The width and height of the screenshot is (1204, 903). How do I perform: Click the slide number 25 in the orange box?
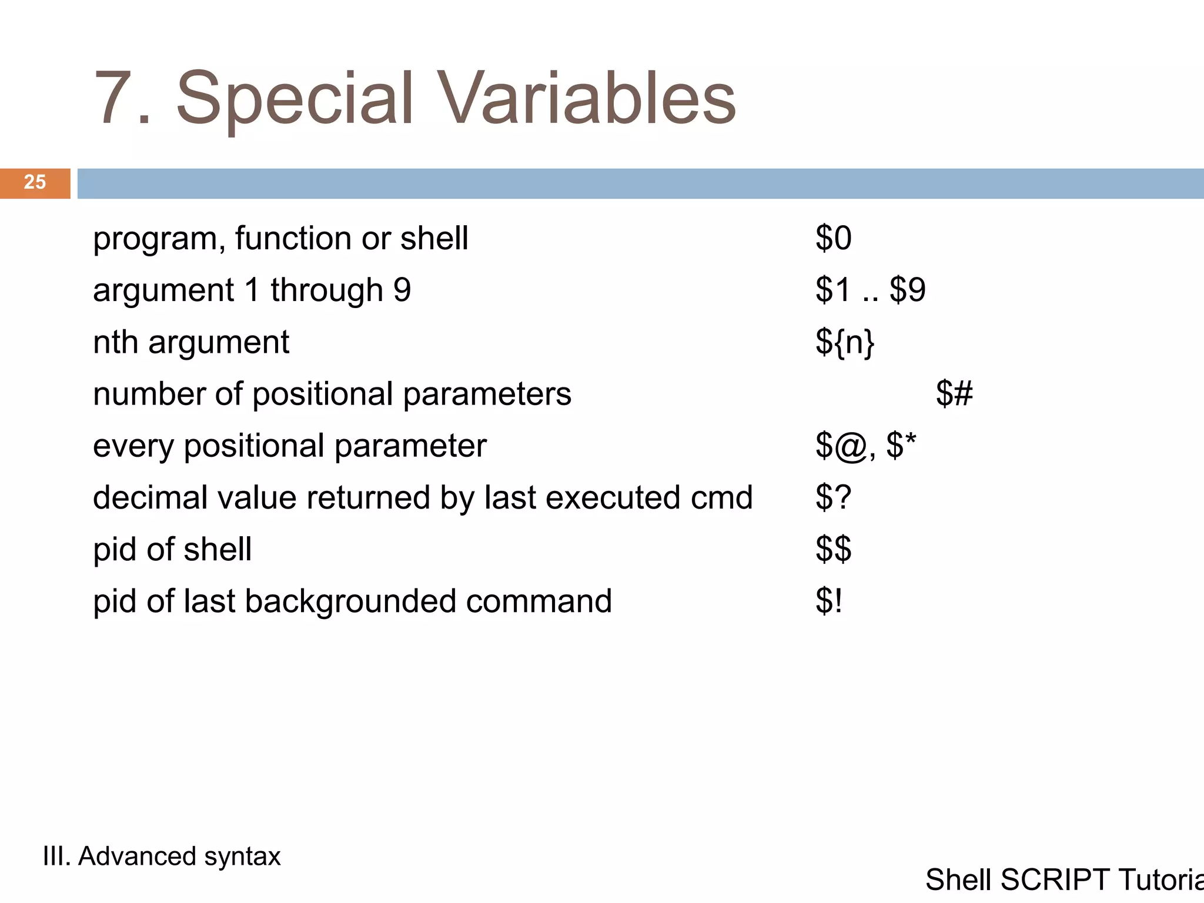coord(35,182)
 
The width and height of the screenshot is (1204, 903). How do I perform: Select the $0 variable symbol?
coord(833,239)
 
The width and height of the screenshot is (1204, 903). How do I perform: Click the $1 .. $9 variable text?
coord(870,290)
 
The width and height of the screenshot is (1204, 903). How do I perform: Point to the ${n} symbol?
coord(845,342)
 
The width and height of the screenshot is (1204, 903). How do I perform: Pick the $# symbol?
coord(954,394)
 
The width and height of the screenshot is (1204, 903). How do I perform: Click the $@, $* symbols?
coord(865,446)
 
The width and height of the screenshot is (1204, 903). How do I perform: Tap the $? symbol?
coord(833,497)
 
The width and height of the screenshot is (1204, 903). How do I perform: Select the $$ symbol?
coord(833,549)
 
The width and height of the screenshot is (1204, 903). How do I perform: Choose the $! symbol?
coord(829,601)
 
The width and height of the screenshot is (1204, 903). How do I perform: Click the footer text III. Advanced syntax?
coord(162,856)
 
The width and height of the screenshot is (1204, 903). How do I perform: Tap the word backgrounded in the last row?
coord(350,601)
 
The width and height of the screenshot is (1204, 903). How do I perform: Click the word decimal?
coord(150,498)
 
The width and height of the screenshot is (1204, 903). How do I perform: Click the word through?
coord(327,290)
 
